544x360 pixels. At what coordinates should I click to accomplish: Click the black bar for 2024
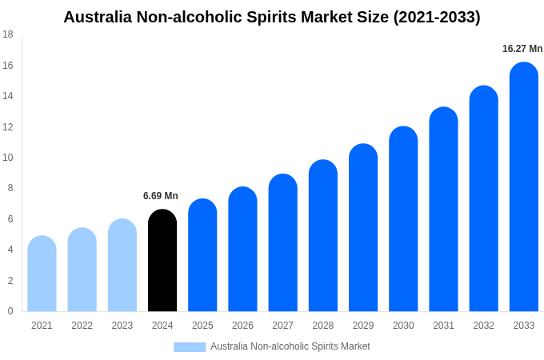point(162,261)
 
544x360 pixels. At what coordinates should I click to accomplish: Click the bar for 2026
point(242,250)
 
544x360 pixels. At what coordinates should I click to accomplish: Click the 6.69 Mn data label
point(161,196)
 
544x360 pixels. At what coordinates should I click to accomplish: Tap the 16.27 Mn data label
point(522,49)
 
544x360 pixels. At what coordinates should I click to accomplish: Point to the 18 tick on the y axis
point(8,34)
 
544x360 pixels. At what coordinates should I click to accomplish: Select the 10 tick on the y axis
point(8,158)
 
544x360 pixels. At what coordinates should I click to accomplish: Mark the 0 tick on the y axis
point(10,311)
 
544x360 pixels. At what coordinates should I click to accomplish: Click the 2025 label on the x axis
point(202,326)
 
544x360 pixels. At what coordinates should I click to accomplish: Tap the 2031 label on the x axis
point(443,326)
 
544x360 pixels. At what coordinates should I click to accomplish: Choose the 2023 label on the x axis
point(122,326)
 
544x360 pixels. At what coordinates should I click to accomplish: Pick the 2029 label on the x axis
point(363,326)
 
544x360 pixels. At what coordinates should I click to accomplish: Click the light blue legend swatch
point(190,347)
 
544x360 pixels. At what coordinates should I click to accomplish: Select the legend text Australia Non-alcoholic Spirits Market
point(290,346)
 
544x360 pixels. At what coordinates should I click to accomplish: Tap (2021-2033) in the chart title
point(437,17)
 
